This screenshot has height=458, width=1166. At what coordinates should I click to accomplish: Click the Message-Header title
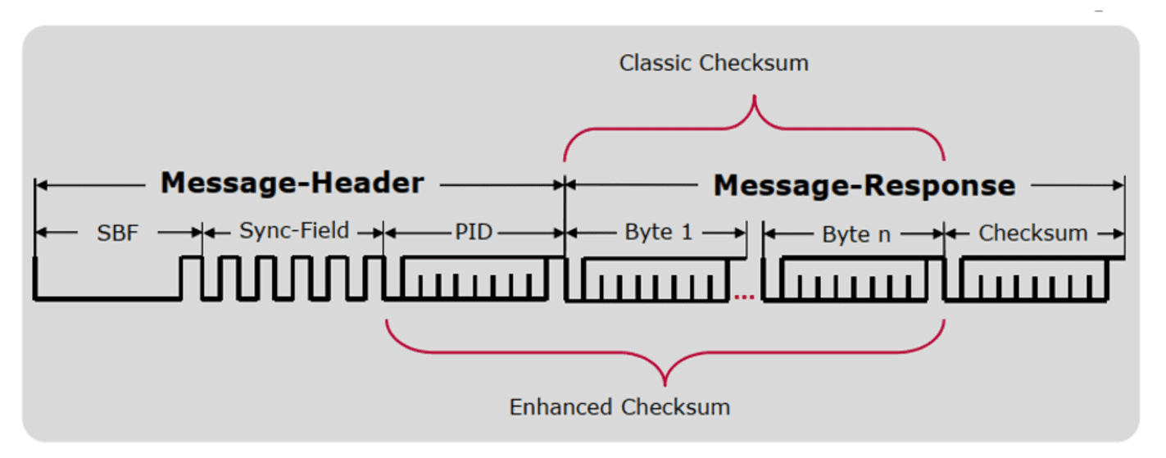tap(292, 183)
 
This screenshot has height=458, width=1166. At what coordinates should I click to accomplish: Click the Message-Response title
tap(864, 185)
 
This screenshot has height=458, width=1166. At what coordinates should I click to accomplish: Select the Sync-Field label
tap(293, 232)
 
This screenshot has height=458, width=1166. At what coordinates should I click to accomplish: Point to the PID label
tap(474, 233)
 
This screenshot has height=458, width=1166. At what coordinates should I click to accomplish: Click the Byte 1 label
tap(658, 233)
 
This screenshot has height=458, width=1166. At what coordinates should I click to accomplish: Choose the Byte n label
tap(855, 234)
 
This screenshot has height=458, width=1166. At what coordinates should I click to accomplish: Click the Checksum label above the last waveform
tap(1032, 234)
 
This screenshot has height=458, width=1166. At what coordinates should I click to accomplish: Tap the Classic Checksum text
tap(713, 63)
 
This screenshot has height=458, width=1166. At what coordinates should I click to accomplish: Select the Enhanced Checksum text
tap(619, 407)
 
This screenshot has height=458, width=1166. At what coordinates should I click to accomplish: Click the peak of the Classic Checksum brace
tap(754, 99)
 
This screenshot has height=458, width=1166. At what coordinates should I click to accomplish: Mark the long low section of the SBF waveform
tap(107, 298)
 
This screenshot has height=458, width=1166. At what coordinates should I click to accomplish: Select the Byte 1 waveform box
tap(656, 279)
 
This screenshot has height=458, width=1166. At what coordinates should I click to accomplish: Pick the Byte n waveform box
tap(855, 279)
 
